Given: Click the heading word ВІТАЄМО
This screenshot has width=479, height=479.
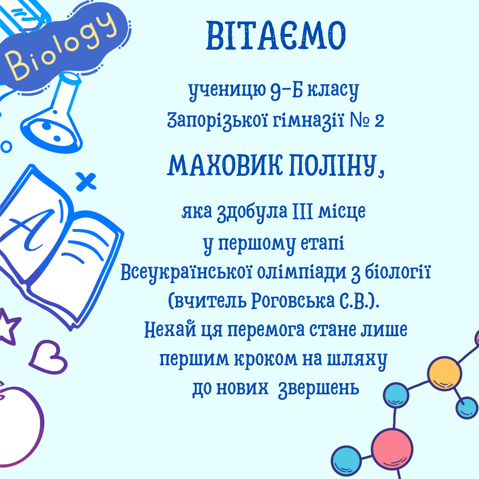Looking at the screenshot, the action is point(276,35).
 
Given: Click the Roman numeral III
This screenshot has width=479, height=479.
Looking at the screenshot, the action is point(303,211).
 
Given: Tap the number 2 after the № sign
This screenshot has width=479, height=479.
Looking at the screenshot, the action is point(379,121).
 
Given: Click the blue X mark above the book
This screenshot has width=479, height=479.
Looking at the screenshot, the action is point(86,181).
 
